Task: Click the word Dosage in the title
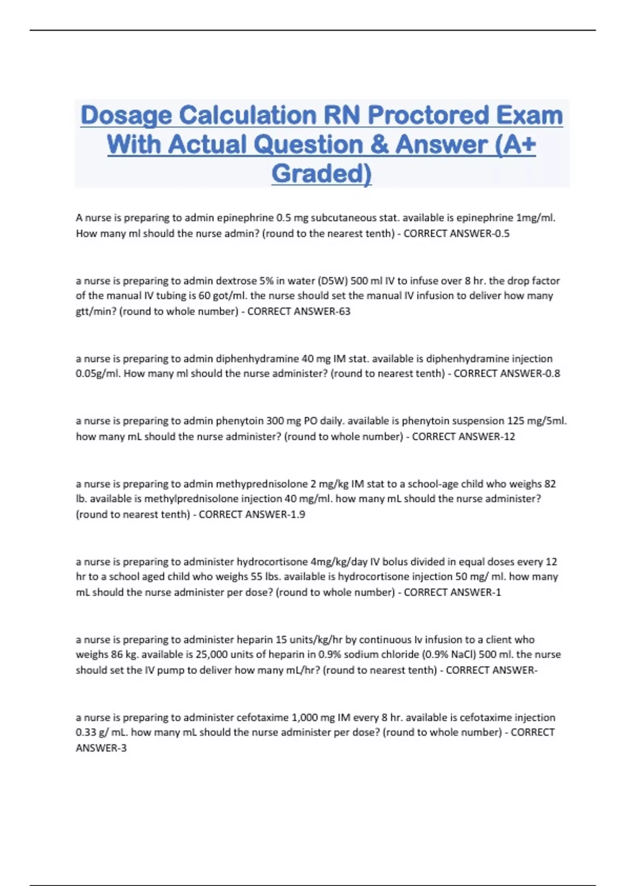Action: pos(126,116)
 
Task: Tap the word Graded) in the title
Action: pos(321,174)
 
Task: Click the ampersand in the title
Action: pos(380,145)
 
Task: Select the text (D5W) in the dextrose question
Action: pos(332,281)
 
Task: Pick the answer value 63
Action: pos(344,312)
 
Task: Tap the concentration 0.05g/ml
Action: pos(98,374)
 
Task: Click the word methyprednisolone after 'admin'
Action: pos(262,484)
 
